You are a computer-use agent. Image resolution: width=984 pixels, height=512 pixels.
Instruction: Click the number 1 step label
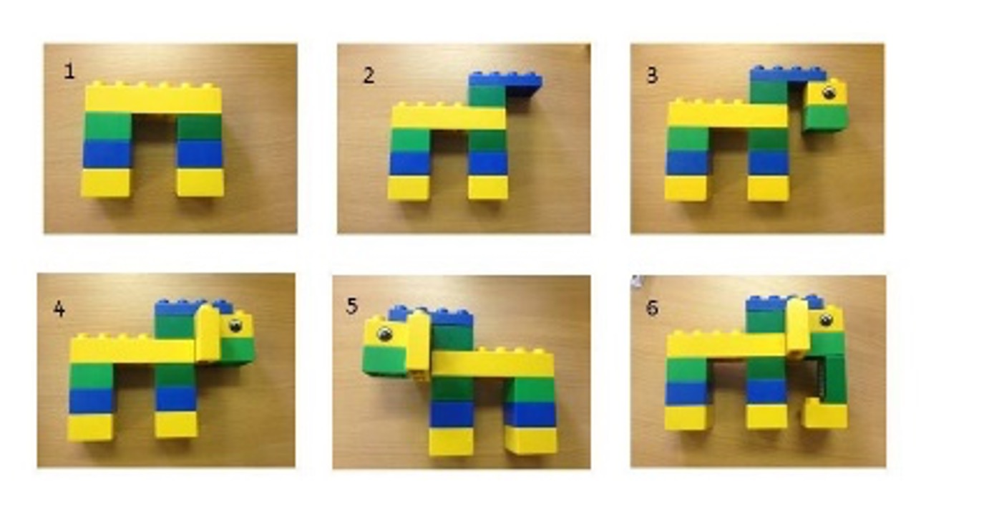tap(69, 71)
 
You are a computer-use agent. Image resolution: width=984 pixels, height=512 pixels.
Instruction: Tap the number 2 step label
tap(369, 76)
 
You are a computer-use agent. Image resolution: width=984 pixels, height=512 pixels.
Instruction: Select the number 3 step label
tap(653, 76)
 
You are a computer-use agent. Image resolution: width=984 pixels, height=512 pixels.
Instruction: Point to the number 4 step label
tap(59, 309)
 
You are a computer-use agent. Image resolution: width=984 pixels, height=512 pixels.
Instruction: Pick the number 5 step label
tap(352, 306)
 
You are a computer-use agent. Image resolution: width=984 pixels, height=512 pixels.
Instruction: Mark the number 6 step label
tap(653, 308)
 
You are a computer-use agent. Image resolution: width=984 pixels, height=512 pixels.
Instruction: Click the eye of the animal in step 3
tap(829, 92)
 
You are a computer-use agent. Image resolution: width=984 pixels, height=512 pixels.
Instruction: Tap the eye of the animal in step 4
tap(235, 326)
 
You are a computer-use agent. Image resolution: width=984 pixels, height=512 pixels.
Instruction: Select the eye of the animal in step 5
tap(385, 334)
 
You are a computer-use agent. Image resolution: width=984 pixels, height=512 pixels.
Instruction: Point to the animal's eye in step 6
tap(826, 319)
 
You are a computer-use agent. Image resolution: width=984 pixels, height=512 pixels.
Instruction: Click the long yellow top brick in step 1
tap(153, 98)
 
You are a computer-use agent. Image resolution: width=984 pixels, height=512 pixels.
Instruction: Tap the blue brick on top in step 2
tap(505, 81)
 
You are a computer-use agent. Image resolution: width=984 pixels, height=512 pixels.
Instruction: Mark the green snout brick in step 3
tap(824, 117)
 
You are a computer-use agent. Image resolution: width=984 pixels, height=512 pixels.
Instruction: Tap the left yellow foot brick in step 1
tap(106, 183)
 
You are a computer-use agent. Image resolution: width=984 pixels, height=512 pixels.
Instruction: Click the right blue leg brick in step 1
tap(200, 154)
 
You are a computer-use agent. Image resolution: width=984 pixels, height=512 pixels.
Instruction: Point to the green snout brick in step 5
tap(384, 360)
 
